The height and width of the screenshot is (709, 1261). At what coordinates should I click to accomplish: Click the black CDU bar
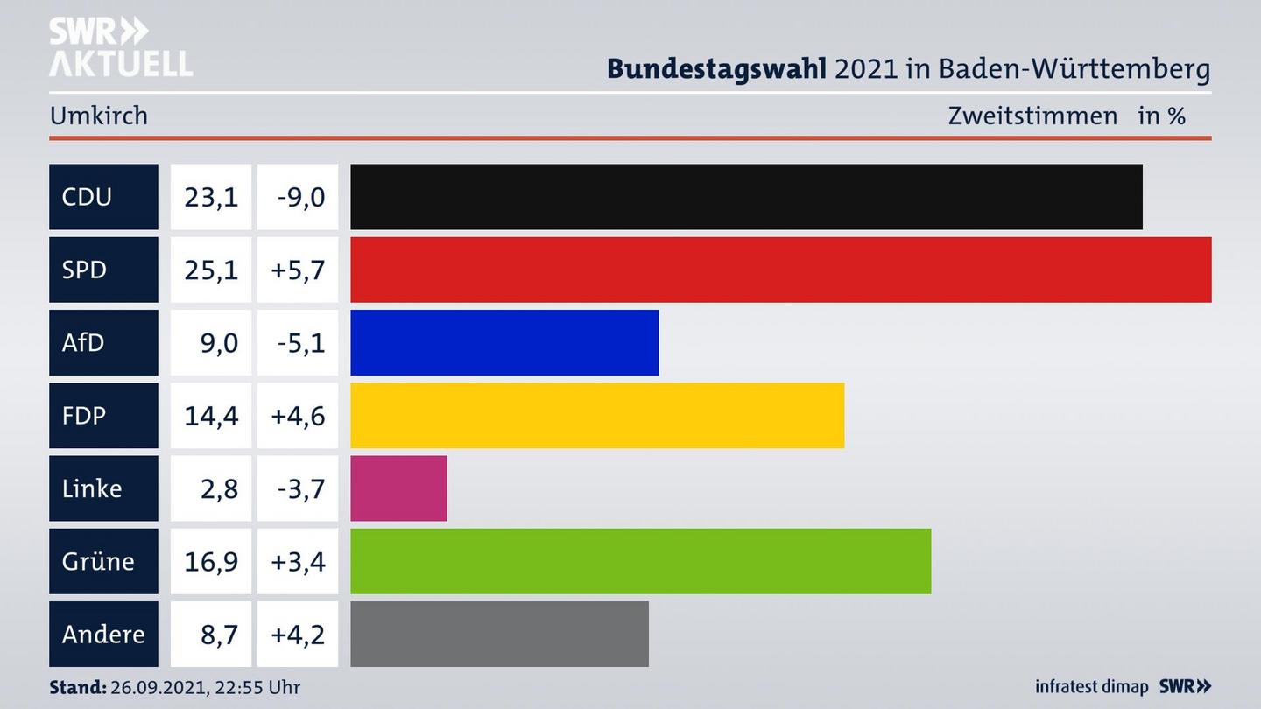(x=746, y=197)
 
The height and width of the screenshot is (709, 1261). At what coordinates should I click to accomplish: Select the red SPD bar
(x=780, y=270)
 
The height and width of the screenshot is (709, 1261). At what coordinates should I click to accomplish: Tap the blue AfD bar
(x=504, y=342)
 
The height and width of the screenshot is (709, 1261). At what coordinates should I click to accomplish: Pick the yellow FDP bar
(x=597, y=416)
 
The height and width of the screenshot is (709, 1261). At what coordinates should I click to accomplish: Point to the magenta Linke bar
(x=398, y=488)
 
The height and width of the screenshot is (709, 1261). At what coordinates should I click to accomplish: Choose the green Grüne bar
(x=640, y=561)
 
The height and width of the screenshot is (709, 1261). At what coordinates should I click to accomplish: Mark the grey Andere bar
(x=499, y=634)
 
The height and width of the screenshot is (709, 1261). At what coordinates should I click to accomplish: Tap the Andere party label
(x=103, y=634)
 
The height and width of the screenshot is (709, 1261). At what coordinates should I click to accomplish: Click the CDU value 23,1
(x=211, y=197)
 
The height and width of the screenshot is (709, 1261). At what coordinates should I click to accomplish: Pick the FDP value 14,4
(x=211, y=416)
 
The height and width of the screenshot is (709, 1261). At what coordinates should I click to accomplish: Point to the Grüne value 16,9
(x=211, y=561)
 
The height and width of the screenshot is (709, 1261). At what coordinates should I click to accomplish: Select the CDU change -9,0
(x=300, y=197)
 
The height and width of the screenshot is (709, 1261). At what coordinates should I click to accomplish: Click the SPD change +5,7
(x=298, y=270)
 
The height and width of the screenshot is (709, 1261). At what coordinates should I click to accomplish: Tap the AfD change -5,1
(x=300, y=342)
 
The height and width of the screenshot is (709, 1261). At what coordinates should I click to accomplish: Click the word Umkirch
(x=99, y=116)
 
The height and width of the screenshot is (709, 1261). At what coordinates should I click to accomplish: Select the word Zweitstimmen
(x=1032, y=116)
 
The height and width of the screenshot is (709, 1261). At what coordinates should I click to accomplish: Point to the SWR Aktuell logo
(x=120, y=47)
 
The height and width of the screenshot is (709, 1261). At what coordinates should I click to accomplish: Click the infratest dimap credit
(x=1091, y=687)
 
